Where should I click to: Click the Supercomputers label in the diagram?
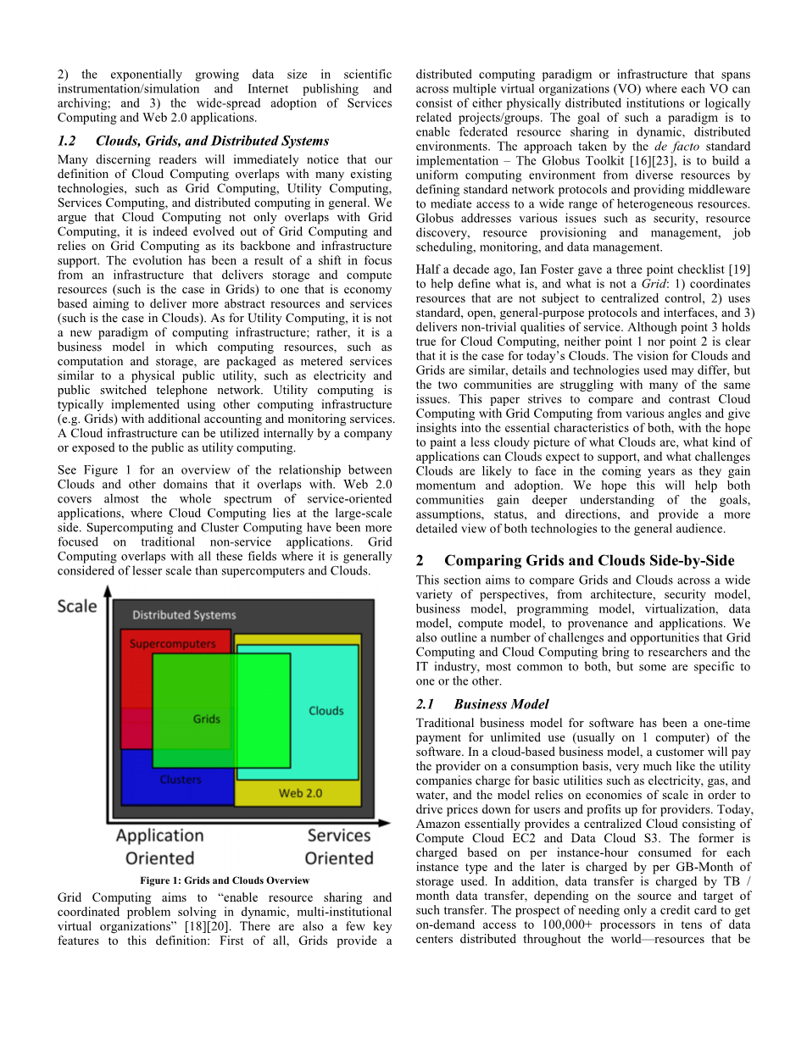(172, 644)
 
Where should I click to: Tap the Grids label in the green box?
(207, 719)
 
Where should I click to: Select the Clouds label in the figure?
(326, 711)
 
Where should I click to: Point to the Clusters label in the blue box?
(181, 780)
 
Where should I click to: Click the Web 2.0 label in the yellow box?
(301, 793)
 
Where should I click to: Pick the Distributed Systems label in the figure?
(184, 615)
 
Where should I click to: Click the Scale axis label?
(77, 607)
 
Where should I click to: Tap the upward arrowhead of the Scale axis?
(108, 591)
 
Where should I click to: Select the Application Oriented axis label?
(159, 847)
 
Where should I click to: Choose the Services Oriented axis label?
(339, 847)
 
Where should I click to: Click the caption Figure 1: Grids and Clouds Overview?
(225, 881)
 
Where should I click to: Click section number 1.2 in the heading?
(67, 141)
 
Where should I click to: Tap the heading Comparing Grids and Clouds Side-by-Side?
(589, 561)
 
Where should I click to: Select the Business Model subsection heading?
(501, 704)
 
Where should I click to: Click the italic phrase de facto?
(675, 147)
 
